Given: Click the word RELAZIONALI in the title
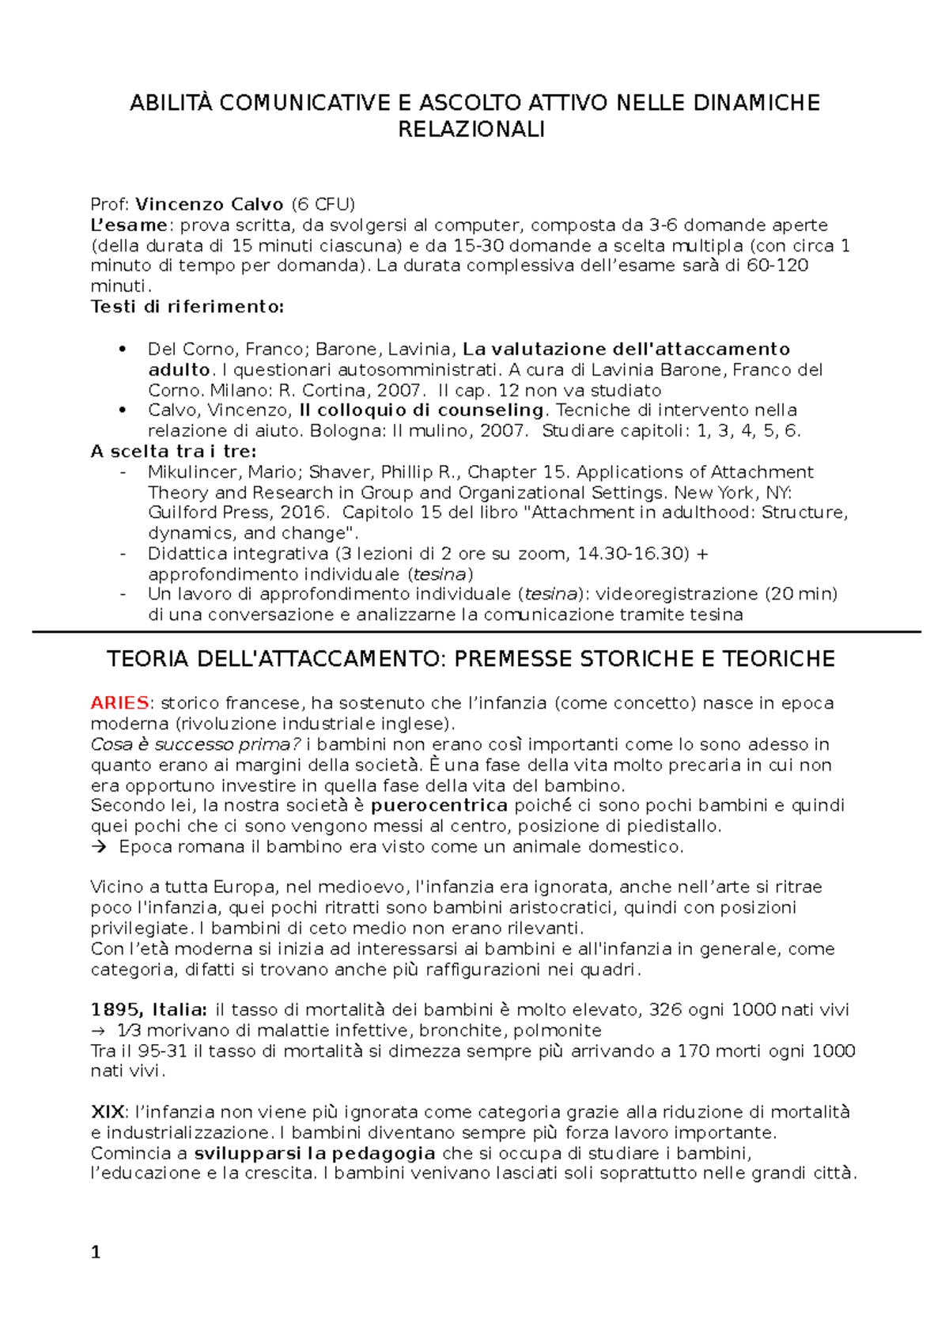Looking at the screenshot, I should click(x=471, y=131).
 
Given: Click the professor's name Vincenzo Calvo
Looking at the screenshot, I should click(x=209, y=204).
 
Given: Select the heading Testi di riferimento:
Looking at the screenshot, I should click(x=187, y=306).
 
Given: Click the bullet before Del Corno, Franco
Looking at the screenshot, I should click(x=122, y=349).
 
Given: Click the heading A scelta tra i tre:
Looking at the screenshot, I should click(x=173, y=451).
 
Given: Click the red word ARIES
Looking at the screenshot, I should click(x=120, y=702).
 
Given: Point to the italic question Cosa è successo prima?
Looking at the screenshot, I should click(x=195, y=743).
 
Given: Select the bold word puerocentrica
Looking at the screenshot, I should click(x=439, y=805).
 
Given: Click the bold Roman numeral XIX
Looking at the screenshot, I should click(x=107, y=1112).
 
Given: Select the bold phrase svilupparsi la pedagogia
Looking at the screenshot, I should click(x=315, y=1152).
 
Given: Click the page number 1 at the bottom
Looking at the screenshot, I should click(x=96, y=1252).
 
